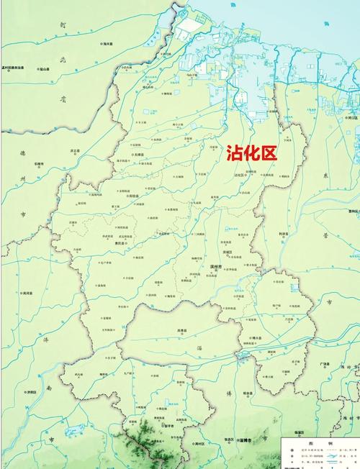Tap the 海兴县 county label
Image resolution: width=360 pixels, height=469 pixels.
[109, 44]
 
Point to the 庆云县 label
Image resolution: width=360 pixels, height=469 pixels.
[75, 151]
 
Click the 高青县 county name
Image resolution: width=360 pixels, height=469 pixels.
[190, 331]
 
